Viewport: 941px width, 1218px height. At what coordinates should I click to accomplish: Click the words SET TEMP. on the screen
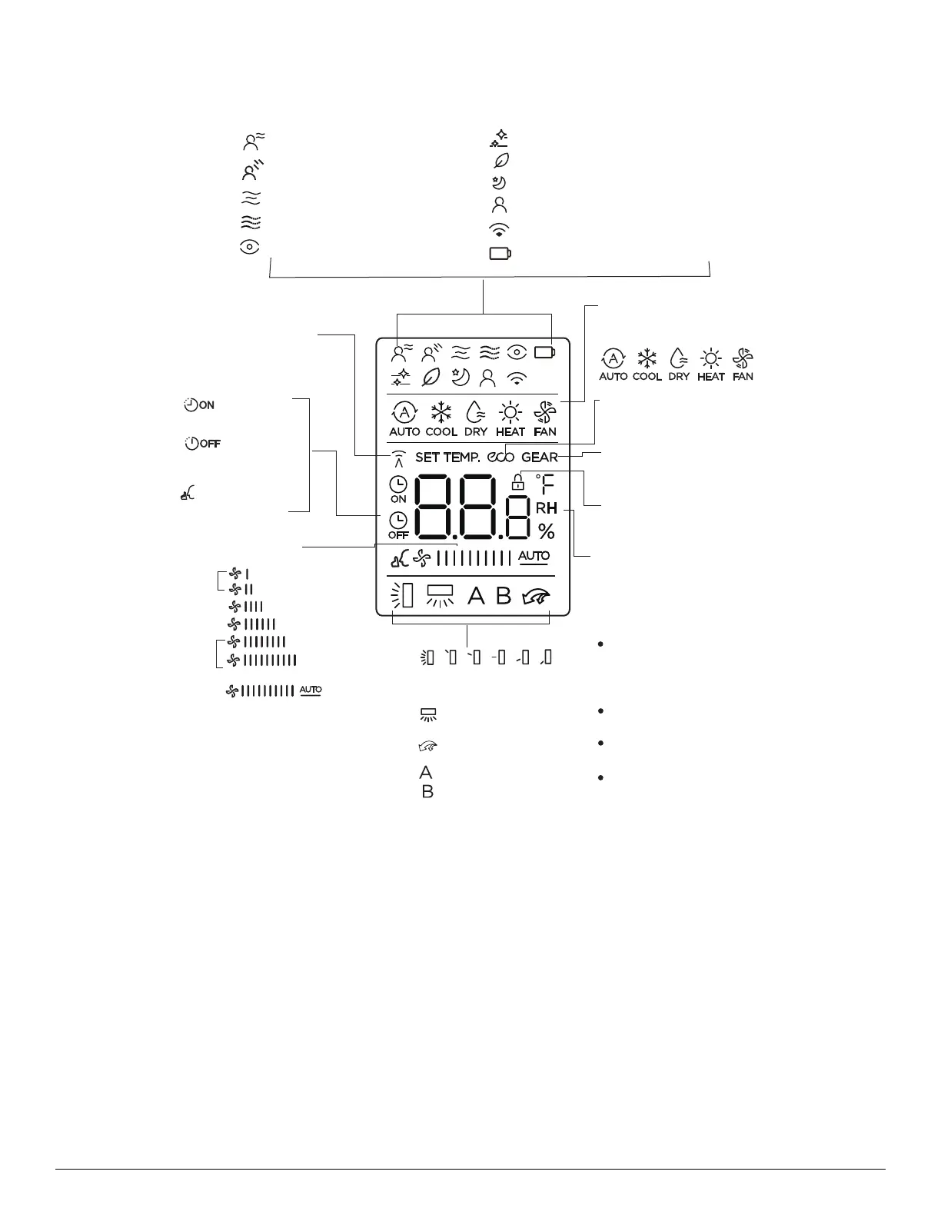click(x=447, y=458)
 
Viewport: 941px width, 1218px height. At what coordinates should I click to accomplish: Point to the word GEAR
click(x=540, y=458)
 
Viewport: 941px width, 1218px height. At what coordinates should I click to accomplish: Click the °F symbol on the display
click(x=545, y=484)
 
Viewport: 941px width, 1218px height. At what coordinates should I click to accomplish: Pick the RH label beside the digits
click(x=547, y=508)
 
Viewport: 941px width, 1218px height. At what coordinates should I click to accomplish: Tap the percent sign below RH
click(x=547, y=531)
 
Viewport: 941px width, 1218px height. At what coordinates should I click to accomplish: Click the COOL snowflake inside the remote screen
click(x=441, y=413)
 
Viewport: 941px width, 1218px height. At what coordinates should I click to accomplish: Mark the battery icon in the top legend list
click(x=500, y=253)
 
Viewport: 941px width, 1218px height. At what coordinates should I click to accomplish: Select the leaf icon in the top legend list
click(x=501, y=160)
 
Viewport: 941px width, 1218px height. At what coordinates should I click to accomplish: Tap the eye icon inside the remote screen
click(x=517, y=352)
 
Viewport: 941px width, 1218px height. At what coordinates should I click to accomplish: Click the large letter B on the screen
click(x=504, y=596)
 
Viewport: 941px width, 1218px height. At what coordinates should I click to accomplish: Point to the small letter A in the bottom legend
click(x=426, y=773)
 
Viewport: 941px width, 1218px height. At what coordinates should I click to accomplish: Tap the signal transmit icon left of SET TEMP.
click(x=397, y=458)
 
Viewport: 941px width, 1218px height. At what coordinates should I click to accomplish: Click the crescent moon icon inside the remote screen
click(x=461, y=377)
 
